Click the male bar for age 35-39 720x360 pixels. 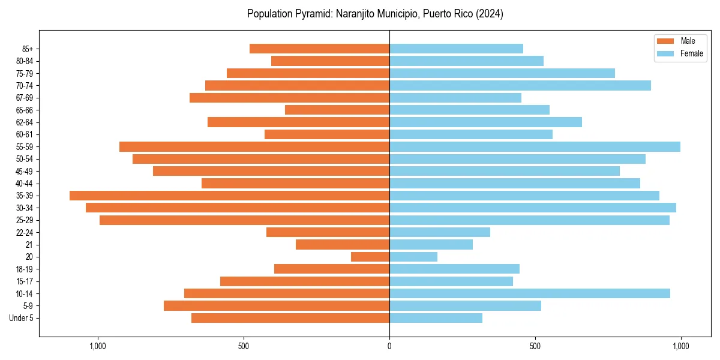click(x=229, y=196)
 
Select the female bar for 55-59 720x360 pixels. click(x=535, y=147)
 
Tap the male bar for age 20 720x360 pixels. click(x=370, y=257)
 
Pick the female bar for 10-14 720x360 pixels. click(x=530, y=293)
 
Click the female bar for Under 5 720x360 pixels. click(x=436, y=318)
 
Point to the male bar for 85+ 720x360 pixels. click(x=319, y=49)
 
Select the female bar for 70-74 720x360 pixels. click(x=520, y=86)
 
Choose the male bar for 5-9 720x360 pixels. click(x=277, y=306)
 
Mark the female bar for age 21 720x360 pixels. click(x=431, y=245)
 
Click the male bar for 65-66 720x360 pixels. click(x=337, y=110)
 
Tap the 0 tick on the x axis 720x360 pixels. click(x=389, y=346)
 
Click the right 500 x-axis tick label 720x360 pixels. click(x=535, y=346)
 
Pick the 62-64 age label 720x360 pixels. click(x=25, y=122)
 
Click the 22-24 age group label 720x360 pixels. click(x=25, y=233)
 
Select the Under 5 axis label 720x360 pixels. click(x=22, y=318)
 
